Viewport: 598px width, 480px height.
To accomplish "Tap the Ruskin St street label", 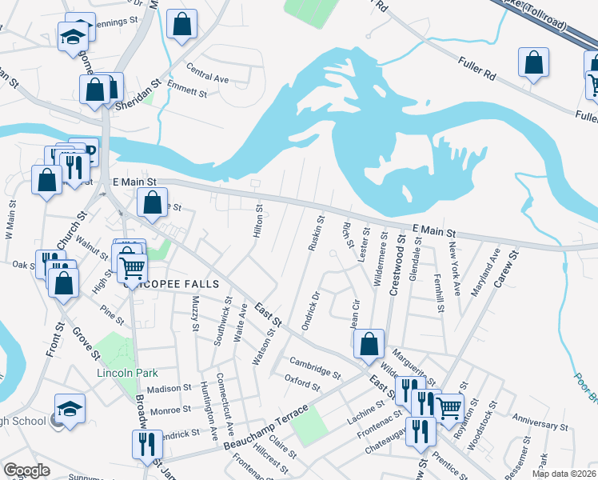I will pos(316,232).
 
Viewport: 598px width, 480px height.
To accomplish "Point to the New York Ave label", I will pos(455,268).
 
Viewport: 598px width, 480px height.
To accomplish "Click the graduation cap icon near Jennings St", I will pos(72,36).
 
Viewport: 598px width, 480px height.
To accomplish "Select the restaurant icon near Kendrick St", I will pos(146,444).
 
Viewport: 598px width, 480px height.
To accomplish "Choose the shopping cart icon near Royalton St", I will pos(449,407).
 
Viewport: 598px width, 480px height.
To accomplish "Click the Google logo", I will pos(26,470).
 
